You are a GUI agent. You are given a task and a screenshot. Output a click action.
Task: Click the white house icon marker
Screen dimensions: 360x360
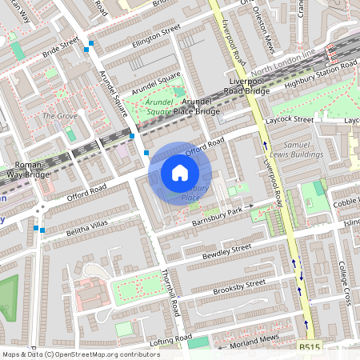pos(180,172)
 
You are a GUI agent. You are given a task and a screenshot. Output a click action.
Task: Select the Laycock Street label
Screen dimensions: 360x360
pos(291,119)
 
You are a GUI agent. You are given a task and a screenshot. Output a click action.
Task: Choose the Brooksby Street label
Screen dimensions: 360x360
pos(240,286)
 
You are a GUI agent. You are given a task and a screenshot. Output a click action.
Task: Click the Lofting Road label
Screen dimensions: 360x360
pos(166,342)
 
